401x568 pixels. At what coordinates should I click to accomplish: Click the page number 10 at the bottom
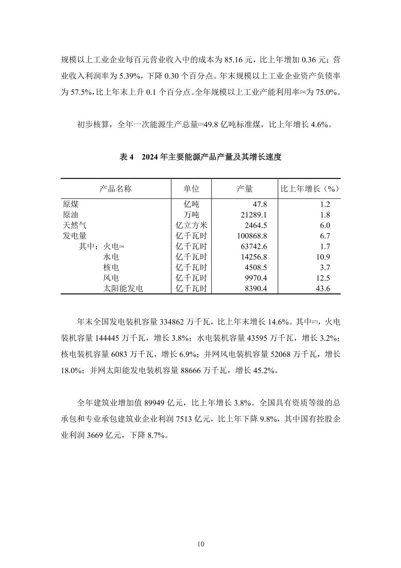click(x=200, y=544)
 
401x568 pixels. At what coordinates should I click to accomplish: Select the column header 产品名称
click(x=115, y=189)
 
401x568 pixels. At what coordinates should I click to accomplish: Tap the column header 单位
click(x=191, y=189)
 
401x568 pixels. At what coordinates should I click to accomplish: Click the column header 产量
click(x=245, y=189)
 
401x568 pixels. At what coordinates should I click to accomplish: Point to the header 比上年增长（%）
click(x=309, y=189)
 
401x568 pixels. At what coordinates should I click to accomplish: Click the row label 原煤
click(x=71, y=204)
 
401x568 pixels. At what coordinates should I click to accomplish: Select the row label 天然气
click(x=75, y=225)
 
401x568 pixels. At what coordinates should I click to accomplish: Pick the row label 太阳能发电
click(x=123, y=288)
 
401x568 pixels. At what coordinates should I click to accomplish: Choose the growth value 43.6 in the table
click(x=323, y=288)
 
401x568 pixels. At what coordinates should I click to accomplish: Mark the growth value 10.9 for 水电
click(x=323, y=257)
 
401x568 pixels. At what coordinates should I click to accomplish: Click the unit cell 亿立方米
click(x=191, y=225)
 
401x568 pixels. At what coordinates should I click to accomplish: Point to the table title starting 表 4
click(x=200, y=157)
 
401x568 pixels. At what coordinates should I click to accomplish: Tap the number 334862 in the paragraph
click(x=172, y=322)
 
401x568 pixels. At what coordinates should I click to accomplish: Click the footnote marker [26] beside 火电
click(x=121, y=247)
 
